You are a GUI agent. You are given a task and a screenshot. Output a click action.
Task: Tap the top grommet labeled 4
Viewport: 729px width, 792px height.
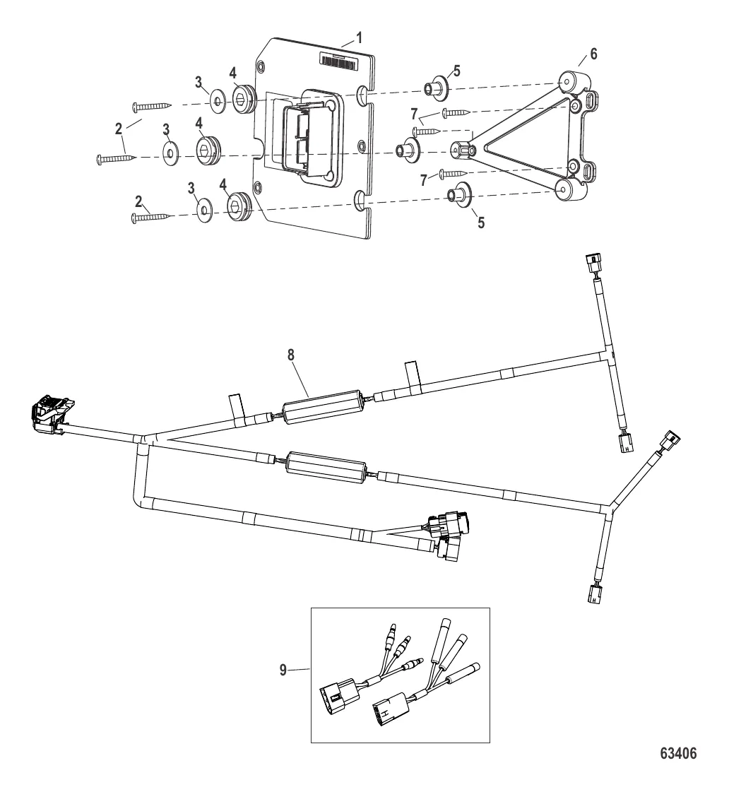[x=244, y=99]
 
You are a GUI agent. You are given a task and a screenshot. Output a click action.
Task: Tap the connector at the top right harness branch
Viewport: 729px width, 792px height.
[x=592, y=266]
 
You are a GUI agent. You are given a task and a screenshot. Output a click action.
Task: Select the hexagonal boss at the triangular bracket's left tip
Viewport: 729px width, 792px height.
[x=460, y=149]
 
